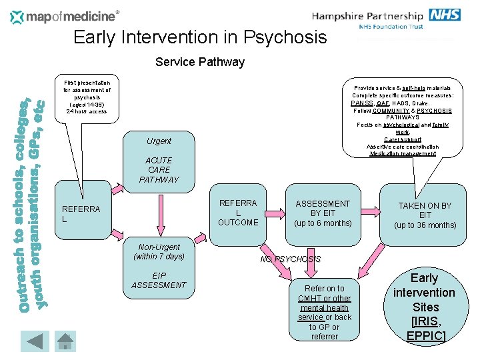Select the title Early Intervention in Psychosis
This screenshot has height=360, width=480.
pyautogui.click(x=200, y=37)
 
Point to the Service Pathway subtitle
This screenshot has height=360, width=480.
pyautogui.click(x=199, y=62)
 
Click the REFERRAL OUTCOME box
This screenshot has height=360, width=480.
pyautogui.click(x=237, y=213)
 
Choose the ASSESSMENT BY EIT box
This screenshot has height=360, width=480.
pyautogui.click(x=323, y=213)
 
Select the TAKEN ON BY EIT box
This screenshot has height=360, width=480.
pyautogui.click(x=425, y=215)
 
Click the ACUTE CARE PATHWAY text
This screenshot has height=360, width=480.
pyautogui.click(x=159, y=170)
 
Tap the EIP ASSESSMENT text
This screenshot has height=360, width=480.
pyautogui.click(x=159, y=280)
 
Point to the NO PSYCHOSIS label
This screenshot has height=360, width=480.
pyautogui.click(x=291, y=259)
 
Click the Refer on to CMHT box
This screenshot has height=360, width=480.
pyautogui.click(x=324, y=312)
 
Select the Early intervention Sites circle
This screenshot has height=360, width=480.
pyautogui.click(x=425, y=306)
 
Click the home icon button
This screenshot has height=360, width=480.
pyautogui.click(x=64, y=341)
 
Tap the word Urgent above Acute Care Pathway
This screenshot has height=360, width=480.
pyautogui.click(x=159, y=141)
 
